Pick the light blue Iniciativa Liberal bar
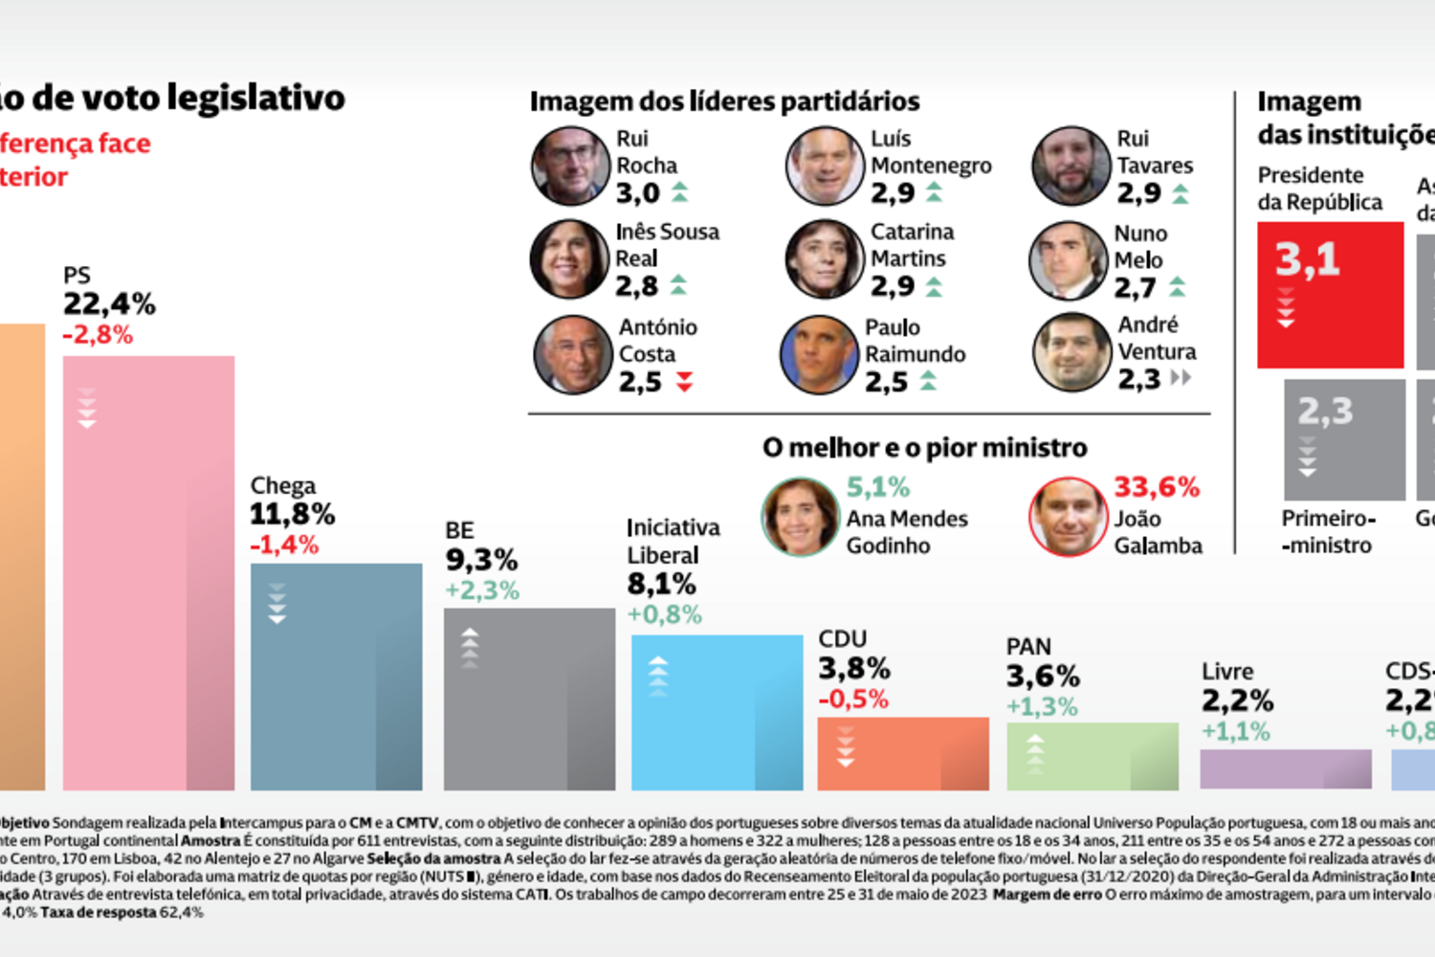coord(717,712)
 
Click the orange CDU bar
coord(902,753)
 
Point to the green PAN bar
coord(1092,756)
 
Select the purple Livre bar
coord(1285,768)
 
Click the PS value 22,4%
coord(109,304)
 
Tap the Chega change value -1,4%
coord(284,545)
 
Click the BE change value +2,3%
coord(481,590)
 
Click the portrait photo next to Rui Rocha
coord(571,167)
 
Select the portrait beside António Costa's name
coord(573,355)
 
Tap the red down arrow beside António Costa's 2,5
coord(684,383)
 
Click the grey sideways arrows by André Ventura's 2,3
coord(1181,378)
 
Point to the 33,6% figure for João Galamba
coord(1156,487)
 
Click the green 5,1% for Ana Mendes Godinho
coord(877,487)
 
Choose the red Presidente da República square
coord(1330,295)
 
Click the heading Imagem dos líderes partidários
coord(724,101)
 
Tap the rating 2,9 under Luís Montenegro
coord(893,193)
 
